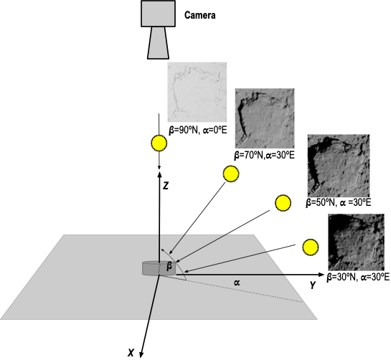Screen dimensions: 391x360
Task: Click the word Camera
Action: [x=199, y=15]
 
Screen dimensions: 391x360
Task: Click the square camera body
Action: [x=158, y=14]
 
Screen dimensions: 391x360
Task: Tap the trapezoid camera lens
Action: [x=158, y=43]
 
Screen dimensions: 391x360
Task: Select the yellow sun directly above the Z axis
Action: [x=159, y=143]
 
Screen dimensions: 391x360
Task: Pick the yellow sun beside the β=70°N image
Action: [x=231, y=174]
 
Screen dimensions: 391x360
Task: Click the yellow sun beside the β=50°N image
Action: [x=283, y=203]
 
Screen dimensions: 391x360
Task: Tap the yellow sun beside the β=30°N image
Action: [x=311, y=247]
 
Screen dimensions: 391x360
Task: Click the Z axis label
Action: [x=166, y=186]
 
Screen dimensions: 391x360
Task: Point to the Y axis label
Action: [x=313, y=285]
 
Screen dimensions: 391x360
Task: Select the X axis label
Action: [x=131, y=353]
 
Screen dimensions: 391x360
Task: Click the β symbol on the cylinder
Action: [x=169, y=267]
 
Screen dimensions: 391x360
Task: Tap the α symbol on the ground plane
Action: [x=237, y=283]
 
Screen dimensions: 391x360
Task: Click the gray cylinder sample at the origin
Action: [x=159, y=268]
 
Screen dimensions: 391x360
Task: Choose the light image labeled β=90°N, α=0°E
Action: [x=197, y=93]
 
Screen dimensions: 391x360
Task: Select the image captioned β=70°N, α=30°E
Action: [x=265, y=118]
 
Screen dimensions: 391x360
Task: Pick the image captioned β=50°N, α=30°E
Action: [x=339, y=166]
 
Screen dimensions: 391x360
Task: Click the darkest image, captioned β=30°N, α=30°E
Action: [x=356, y=242]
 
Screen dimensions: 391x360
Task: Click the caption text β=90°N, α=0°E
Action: [x=198, y=130]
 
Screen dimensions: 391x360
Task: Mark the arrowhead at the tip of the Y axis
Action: [x=321, y=275]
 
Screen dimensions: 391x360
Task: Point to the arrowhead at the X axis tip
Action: [x=141, y=355]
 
